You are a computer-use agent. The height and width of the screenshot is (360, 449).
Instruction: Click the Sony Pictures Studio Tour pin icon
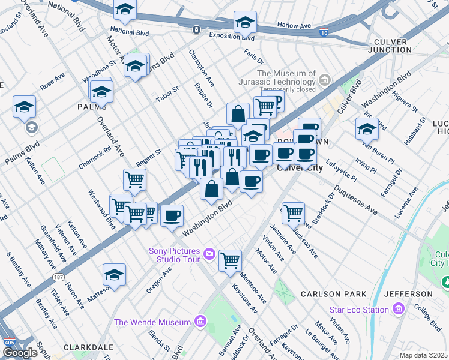tap(209, 253)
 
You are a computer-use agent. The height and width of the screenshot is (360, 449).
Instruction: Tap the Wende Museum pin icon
tap(201, 322)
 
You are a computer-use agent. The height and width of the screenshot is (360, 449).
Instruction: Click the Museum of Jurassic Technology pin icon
tap(325, 79)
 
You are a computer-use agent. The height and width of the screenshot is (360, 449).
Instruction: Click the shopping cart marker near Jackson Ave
tap(293, 212)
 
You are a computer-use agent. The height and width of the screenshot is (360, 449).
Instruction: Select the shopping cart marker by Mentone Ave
tap(231, 260)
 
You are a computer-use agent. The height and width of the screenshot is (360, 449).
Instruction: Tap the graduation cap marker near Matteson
tap(114, 274)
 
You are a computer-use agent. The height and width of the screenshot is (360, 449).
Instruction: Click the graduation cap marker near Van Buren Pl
tap(367, 128)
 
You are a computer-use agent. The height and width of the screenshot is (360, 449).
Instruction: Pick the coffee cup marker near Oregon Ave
tap(172, 215)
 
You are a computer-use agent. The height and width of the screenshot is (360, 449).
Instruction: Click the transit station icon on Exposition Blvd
tap(196, 29)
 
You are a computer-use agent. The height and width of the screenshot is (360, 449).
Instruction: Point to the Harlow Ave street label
tap(294, 26)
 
